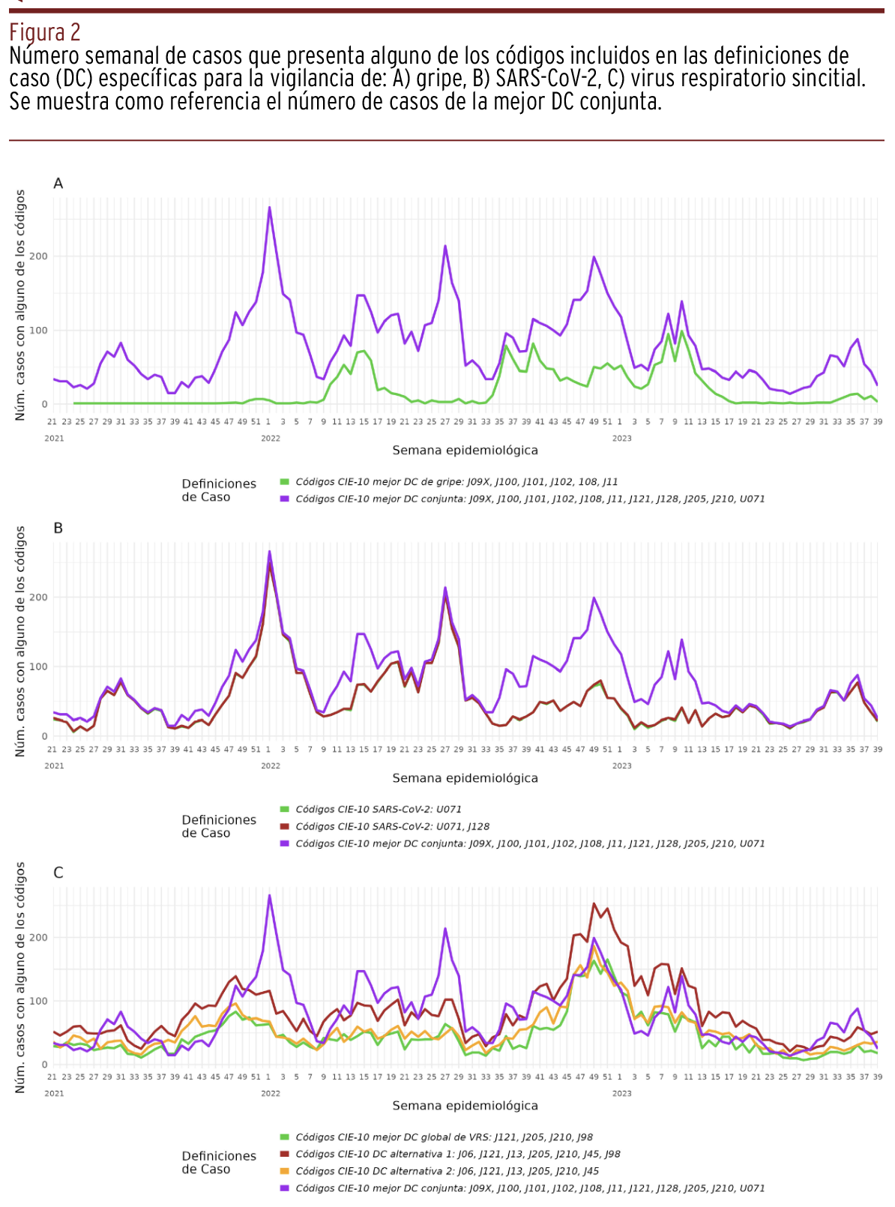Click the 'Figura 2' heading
pos(45,33)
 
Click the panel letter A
pos(58,184)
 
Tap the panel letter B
pos(58,529)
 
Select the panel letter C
pos(58,873)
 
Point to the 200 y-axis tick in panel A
pos(39,256)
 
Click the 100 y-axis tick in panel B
pos(39,666)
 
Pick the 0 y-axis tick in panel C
pos(44,1065)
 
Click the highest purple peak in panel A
pos(270,208)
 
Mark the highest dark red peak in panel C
pos(594,904)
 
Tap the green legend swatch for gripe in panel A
pos(284,482)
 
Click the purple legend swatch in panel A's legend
pos(284,499)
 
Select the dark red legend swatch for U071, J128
pos(284,826)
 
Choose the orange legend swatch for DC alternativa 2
pos(284,1171)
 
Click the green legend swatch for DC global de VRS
pos(284,1137)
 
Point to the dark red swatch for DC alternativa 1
pos(284,1155)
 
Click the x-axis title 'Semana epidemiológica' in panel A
pos(465,451)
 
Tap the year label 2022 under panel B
pos(271,765)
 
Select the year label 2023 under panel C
pos(621,1093)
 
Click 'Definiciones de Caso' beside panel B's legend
pos(218,826)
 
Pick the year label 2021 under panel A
pos(54,438)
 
